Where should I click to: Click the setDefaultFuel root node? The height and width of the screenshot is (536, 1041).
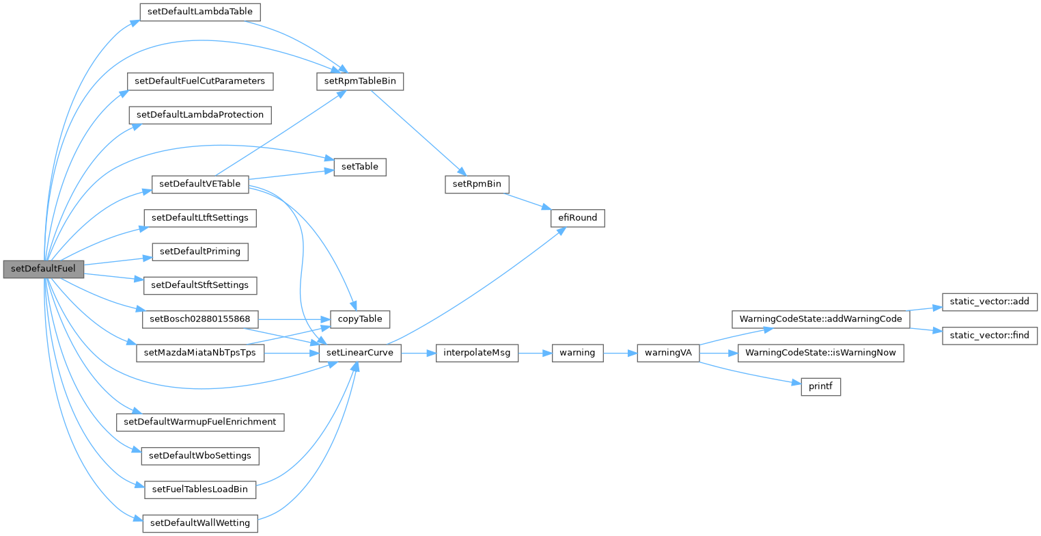point(44,269)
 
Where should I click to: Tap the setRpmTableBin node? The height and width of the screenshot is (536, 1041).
point(361,81)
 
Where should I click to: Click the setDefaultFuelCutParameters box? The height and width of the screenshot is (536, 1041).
point(200,81)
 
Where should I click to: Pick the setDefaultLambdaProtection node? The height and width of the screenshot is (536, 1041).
point(200,114)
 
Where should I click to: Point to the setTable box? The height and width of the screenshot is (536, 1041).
point(360,166)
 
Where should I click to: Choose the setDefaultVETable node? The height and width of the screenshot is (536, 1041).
point(199,184)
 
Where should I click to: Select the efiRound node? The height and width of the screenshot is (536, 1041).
point(578,218)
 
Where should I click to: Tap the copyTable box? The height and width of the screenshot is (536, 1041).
point(360,319)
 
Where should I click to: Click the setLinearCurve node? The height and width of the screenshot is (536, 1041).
point(360,353)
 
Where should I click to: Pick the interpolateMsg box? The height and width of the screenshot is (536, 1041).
point(477,353)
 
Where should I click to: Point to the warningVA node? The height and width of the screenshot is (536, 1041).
point(668,353)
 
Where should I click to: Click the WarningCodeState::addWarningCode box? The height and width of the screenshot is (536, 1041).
point(820,319)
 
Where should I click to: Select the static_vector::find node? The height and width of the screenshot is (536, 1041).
point(990,336)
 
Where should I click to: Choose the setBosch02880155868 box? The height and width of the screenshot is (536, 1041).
point(200,319)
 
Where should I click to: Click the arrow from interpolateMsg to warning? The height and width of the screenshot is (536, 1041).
point(536,353)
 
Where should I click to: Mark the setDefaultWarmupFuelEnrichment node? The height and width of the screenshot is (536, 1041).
point(200,421)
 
